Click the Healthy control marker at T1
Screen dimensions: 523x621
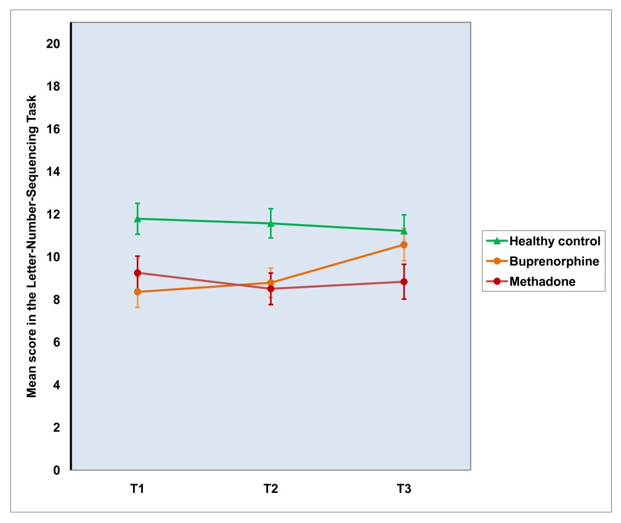(138, 218)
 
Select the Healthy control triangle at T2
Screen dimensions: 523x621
(271, 223)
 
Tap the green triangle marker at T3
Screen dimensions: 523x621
(404, 231)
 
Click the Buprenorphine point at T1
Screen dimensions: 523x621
(138, 292)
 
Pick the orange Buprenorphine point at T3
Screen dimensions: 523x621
(404, 245)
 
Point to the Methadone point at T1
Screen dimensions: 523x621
(138, 273)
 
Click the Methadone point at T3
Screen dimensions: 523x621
(404, 282)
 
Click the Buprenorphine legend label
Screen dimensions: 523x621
(554, 261)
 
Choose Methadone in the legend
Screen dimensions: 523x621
(542, 281)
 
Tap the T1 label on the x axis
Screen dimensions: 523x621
(137, 489)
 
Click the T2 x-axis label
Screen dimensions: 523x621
(271, 489)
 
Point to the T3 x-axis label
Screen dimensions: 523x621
(404, 489)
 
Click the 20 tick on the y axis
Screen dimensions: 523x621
(53, 44)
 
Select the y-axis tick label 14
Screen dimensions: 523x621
(53, 172)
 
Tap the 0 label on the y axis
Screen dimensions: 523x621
(57, 470)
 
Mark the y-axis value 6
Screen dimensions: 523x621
(57, 342)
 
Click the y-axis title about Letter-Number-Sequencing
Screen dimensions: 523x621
(32, 246)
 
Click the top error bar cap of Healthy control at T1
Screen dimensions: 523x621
(138, 203)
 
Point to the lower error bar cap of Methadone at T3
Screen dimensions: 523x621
(404, 299)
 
